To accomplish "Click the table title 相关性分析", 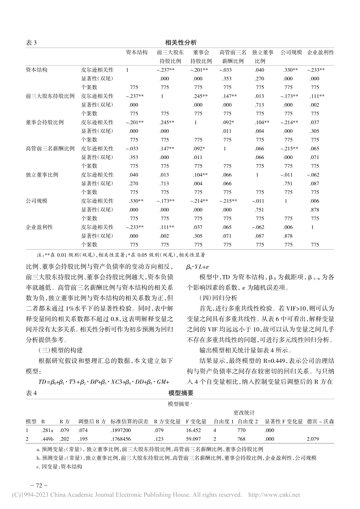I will tap(181, 42).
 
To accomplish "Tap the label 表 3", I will tap(31, 43).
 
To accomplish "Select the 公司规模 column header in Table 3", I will tap(291, 53).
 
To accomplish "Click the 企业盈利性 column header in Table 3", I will tap(320, 53).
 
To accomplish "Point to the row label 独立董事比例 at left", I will tap(42, 175).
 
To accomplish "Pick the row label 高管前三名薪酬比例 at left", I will tap(50, 148).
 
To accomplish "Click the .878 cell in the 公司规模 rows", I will tap(315, 210).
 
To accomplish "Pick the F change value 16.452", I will tap(194, 430).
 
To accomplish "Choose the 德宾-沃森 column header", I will tap(321, 421).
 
